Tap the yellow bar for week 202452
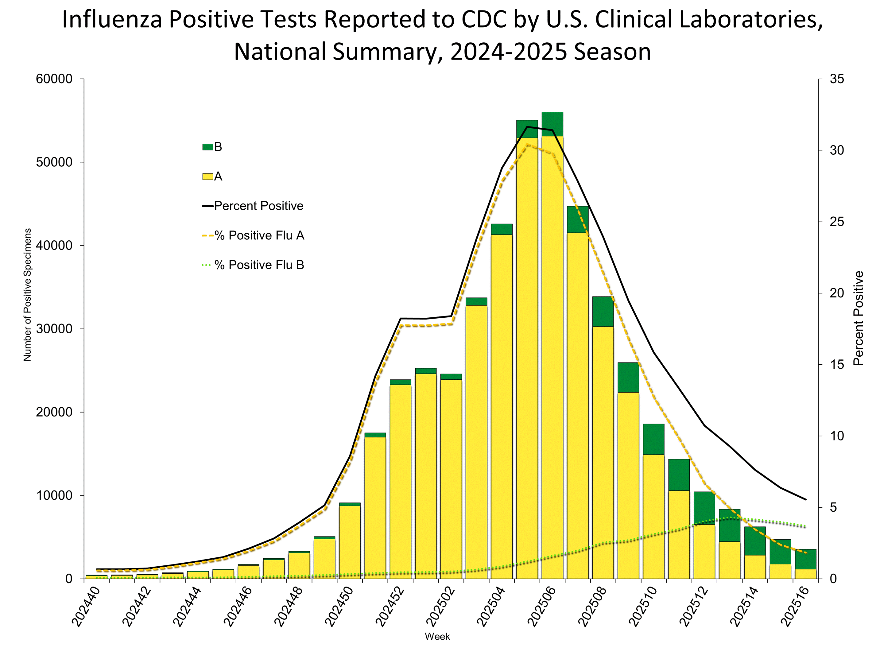401,479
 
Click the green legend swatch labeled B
207,147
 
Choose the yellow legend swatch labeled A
207,176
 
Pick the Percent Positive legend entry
253,206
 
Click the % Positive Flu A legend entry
253,236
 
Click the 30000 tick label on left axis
54,329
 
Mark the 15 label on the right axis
837,364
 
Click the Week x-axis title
437,637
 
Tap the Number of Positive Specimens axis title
27,295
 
